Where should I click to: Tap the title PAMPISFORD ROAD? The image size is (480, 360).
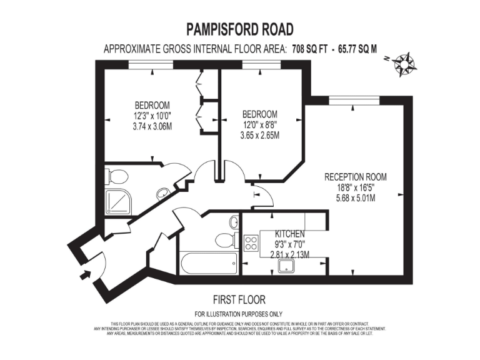[x=240, y=29]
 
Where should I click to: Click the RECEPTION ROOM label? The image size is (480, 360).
[x=355, y=177]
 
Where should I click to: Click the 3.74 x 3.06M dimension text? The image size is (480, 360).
[x=152, y=126]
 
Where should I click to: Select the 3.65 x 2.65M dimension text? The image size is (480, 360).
[x=260, y=135]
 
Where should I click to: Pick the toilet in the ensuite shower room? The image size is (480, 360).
[x=117, y=176]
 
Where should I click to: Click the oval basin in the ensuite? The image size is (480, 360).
[x=162, y=193]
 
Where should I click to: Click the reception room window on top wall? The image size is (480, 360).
[x=354, y=99]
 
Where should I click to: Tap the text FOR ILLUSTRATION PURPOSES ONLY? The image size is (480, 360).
[x=239, y=313]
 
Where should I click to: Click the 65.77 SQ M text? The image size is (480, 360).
[x=358, y=49]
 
